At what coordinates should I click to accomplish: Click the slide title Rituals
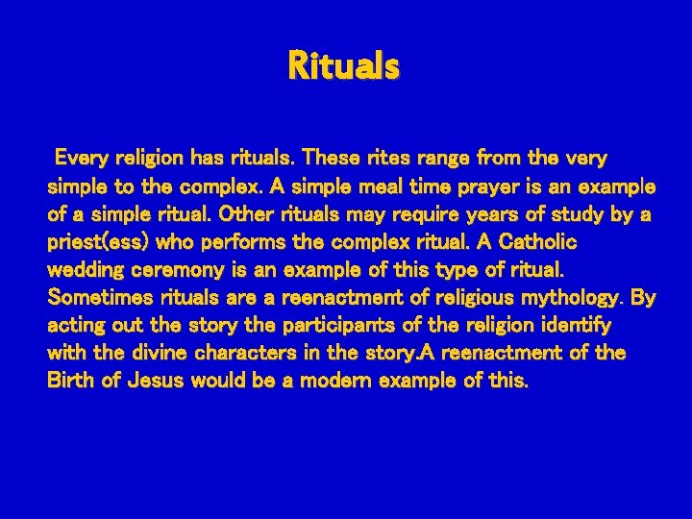(343, 67)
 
